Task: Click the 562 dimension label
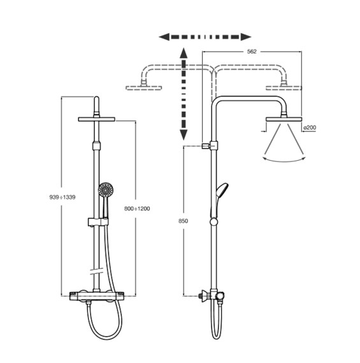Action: (252, 52)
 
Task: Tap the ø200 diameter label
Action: (310, 128)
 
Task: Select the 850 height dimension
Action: (183, 221)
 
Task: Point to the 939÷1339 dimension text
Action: (62, 197)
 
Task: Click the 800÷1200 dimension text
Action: (137, 209)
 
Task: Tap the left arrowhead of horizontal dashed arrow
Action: (164, 37)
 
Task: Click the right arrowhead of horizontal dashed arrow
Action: (246, 37)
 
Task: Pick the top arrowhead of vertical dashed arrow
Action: (184, 53)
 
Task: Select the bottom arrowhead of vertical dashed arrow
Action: (184, 135)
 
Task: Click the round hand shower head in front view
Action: (106, 189)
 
